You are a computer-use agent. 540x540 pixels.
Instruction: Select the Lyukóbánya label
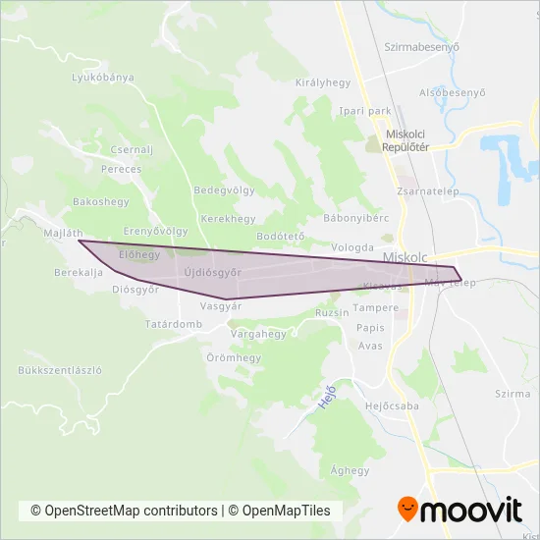tap(103, 77)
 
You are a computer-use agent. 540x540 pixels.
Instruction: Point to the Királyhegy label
tap(323, 83)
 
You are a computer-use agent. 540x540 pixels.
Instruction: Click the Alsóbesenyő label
tap(453, 93)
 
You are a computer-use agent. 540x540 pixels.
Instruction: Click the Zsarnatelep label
tap(423, 192)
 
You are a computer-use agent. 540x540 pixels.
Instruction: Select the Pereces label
tap(121, 169)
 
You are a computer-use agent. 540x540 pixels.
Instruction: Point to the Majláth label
tap(63, 234)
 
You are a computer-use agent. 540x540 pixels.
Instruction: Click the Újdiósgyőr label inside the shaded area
tap(212, 272)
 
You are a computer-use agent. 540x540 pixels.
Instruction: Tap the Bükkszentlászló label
tap(60, 370)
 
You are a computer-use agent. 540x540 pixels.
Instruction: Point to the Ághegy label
tap(351, 470)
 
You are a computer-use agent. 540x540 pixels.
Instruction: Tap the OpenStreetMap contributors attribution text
tap(125, 511)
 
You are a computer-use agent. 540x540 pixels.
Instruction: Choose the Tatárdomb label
tap(174, 324)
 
